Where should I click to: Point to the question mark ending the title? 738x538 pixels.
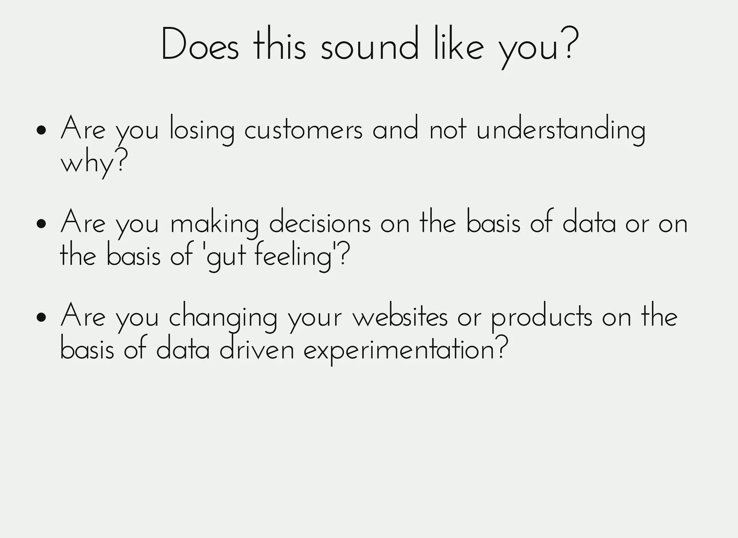click(570, 43)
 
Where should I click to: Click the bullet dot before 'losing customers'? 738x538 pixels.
click(42, 130)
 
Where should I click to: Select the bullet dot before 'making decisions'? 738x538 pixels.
click(42, 224)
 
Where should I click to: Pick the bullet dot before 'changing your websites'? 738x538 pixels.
click(42, 317)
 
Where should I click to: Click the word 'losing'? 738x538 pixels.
click(202, 130)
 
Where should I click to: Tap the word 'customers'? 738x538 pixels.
click(303, 130)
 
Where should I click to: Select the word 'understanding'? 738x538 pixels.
click(561, 130)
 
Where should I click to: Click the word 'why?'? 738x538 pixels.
click(94, 164)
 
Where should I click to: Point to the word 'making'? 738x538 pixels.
click(214, 224)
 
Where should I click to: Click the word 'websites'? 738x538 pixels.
click(400, 317)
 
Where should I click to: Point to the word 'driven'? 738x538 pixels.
click(257, 350)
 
